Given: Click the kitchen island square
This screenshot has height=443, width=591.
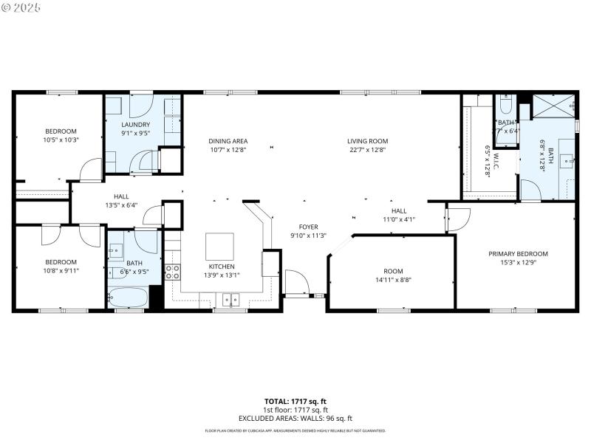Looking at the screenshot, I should pyautogui.click(x=219, y=246).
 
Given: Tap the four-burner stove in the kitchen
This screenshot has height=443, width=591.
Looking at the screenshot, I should pyautogui.click(x=172, y=272).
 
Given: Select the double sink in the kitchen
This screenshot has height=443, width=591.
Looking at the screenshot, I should pyautogui.click(x=232, y=299).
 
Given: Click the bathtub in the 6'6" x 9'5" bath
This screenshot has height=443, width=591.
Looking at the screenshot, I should pyautogui.click(x=128, y=298).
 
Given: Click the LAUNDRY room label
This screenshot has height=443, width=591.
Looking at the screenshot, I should pyautogui.click(x=136, y=125).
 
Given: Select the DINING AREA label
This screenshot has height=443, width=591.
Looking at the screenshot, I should pyautogui.click(x=228, y=141).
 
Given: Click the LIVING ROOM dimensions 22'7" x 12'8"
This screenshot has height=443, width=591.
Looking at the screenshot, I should pyautogui.click(x=367, y=150).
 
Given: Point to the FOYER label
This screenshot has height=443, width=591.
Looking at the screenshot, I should pyautogui.click(x=308, y=227).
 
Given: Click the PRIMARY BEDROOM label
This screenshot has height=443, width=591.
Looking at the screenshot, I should pyautogui.click(x=518, y=254).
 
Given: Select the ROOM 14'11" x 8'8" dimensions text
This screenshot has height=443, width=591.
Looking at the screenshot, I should pyautogui.click(x=393, y=280).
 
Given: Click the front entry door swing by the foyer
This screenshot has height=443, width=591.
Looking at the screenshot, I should pyautogui.click(x=296, y=283).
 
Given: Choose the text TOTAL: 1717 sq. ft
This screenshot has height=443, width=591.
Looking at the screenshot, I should pyautogui.click(x=295, y=401).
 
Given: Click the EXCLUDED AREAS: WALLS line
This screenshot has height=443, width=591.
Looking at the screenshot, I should pyautogui.click(x=295, y=419).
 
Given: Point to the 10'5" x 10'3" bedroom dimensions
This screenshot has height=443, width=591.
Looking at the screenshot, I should pyautogui.click(x=61, y=140).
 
